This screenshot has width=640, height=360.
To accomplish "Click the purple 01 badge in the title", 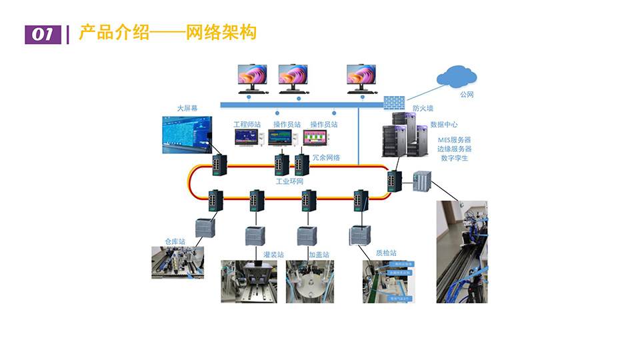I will (42, 34).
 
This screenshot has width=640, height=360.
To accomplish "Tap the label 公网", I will (467, 95).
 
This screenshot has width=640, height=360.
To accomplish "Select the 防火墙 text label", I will (423, 107).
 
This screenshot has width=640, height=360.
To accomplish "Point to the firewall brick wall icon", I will (394, 102).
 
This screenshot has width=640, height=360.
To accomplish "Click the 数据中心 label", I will (443, 124).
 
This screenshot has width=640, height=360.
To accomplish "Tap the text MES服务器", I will (454, 140).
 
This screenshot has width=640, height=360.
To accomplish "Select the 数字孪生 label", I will (454, 158).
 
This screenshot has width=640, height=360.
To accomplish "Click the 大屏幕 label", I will (187, 108).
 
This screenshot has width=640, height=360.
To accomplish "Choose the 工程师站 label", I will (247, 125).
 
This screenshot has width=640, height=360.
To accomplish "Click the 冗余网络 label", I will (326, 158).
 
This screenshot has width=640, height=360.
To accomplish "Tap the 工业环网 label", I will (290, 181).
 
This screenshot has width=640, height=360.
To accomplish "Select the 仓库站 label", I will (175, 241).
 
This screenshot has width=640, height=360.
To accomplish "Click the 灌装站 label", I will (273, 255).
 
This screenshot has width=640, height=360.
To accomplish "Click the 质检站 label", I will (386, 253).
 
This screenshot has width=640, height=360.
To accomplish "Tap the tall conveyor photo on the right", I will (461, 251).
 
